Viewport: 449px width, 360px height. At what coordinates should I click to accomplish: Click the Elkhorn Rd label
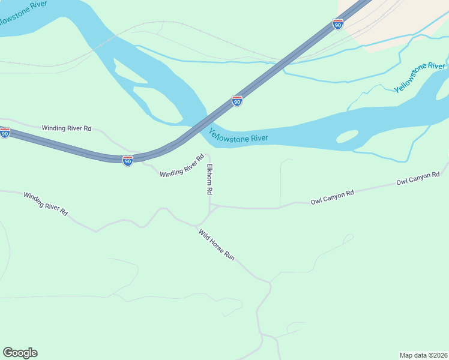tap(210, 179)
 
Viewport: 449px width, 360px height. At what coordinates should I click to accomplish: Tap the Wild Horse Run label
tap(217, 244)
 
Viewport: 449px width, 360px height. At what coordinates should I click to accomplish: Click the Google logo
tap(20, 353)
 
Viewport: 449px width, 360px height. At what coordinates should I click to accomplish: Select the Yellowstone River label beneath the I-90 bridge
tap(238, 136)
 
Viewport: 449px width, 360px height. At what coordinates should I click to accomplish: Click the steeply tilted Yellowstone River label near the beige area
tap(420, 77)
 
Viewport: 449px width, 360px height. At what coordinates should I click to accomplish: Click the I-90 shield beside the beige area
tap(338, 24)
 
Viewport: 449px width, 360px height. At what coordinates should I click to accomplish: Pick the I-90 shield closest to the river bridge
tap(237, 101)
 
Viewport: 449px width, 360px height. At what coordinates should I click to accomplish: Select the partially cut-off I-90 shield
tap(4, 133)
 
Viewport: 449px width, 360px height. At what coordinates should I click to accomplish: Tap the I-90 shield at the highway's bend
tap(128, 160)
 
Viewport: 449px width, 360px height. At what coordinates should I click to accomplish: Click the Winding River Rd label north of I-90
tap(66, 128)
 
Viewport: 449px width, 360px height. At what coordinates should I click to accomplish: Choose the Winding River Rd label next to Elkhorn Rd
tap(182, 166)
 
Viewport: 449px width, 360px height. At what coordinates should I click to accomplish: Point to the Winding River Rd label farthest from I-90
tap(46, 204)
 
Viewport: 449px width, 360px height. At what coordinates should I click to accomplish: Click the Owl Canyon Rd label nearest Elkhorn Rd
tap(332, 197)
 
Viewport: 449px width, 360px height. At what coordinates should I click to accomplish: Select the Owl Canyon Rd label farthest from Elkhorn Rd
tap(418, 178)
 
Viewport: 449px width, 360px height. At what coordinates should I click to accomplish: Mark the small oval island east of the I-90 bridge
tap(347, 137)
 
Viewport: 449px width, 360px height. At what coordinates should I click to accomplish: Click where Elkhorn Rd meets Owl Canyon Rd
tap(210, 206)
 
